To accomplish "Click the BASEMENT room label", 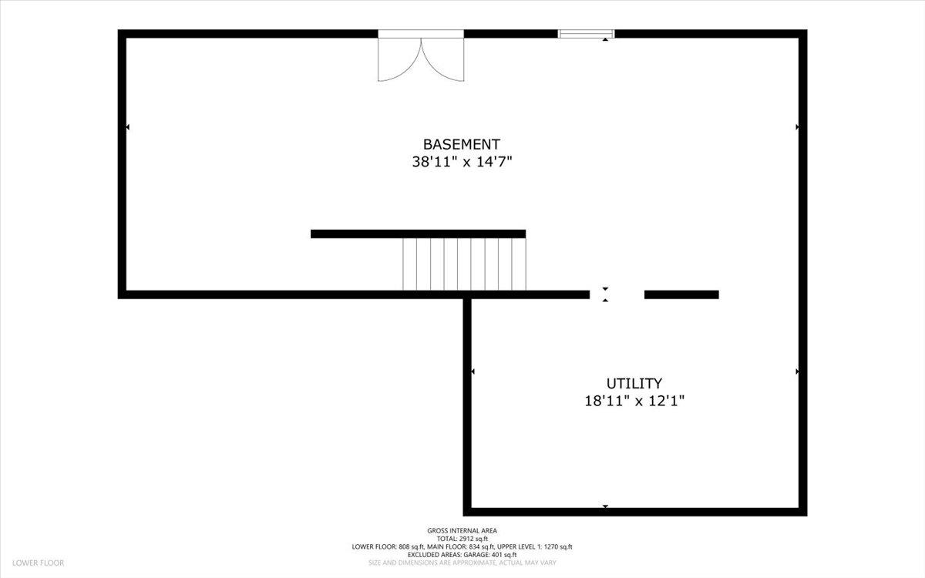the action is (461, 145).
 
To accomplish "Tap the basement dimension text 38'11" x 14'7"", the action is (462, 161).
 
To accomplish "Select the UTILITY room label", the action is (634, 384).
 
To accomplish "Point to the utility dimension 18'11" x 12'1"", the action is (634, 401).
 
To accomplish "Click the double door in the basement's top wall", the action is (421, 55).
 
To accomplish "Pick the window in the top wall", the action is (586, 34).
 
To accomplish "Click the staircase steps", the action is (464, 264).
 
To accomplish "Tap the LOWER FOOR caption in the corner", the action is (38, 563).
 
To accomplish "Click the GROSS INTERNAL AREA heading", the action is (462, 530).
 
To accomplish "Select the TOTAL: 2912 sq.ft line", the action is (462, 539).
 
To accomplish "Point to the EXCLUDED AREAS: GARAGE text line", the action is (462, 555).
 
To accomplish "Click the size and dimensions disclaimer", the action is (462, 563).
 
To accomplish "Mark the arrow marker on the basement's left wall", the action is (128, 126).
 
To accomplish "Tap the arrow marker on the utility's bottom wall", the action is (605, 506).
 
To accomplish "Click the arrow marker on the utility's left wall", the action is (473, 371).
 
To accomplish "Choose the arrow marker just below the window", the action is (605, 39).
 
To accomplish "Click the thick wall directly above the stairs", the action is (419, 234).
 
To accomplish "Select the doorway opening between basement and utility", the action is (617, 294).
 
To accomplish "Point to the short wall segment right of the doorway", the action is (681, 294).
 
